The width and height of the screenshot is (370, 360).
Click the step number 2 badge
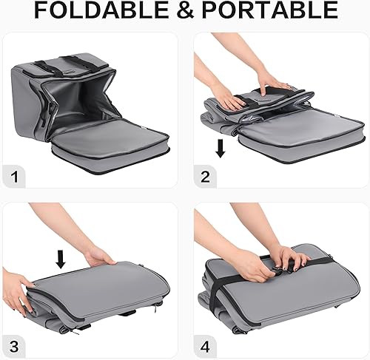(206, 177)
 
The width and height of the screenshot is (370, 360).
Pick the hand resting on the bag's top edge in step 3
(100, 257)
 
